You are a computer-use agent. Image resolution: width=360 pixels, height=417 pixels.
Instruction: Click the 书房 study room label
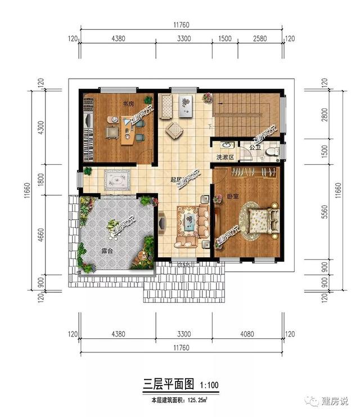click(128, 104)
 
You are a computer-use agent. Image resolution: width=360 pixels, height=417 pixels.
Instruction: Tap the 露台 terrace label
click(106, 251)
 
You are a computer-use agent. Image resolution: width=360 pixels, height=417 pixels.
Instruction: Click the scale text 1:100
click(208, 385)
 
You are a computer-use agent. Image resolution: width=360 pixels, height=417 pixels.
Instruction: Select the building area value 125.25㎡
click(195, 400)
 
